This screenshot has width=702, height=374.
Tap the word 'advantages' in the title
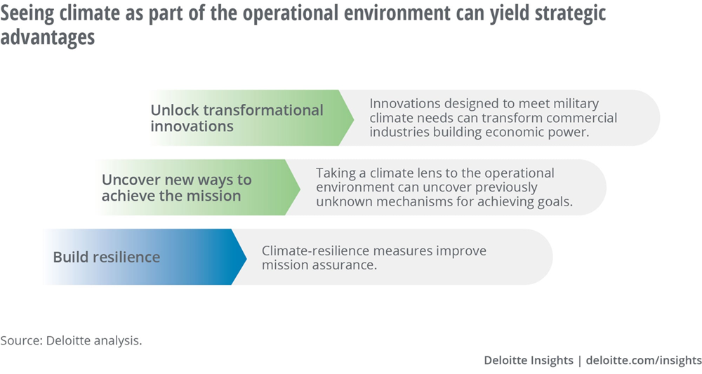pyautogui.click(x=48, y=36)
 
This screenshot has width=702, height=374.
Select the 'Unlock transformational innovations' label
pyautogui.click(x=237, y=118)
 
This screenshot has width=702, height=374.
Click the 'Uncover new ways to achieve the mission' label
pyautogui.click(x=176, y=187)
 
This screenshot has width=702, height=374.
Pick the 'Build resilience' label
pyautogui.click(x=107, y=257)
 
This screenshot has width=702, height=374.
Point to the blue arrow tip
pyautogui.click(x=246, y=258)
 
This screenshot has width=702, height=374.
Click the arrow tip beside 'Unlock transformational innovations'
pyautogui.click(x=354, y=118)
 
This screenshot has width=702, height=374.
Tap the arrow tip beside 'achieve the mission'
pyautogui.click(x=300, y=187)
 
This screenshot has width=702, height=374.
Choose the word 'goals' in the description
pyautogui.click(x=555, y=202)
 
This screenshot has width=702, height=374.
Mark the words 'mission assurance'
pyautogui.click(x=319, y=265)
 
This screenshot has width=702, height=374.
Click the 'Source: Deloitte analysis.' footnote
pyautogui.click(x=71, y=340)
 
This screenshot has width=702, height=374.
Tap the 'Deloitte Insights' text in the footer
pyautogui.click(x=529, y=360)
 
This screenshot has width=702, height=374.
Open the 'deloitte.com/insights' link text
pyautogui.click(x=644, y=360)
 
